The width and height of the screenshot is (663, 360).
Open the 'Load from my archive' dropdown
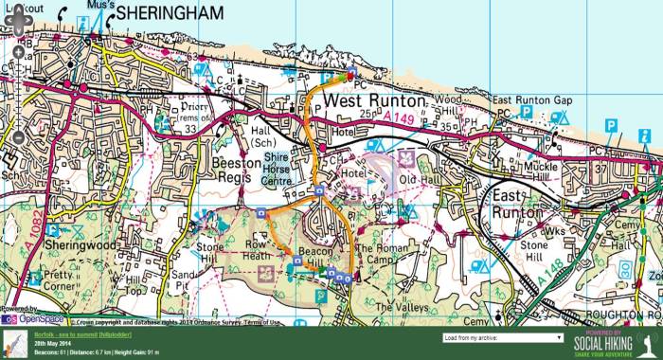pos(502,337)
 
